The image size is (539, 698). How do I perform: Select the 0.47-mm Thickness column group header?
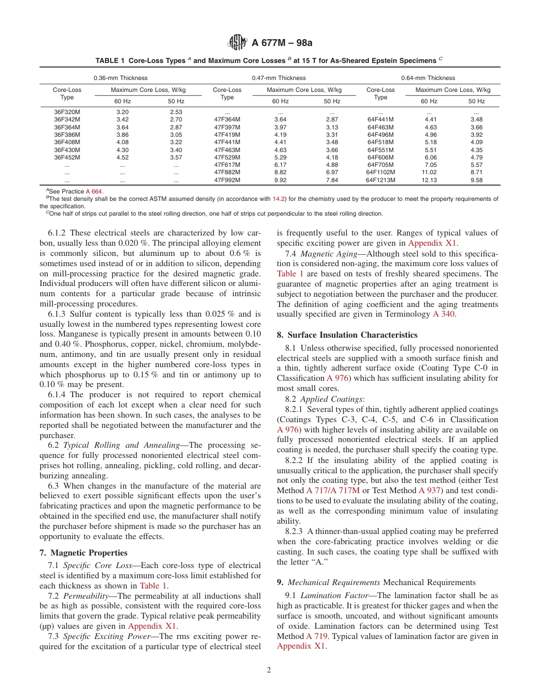click(x=279, y=78)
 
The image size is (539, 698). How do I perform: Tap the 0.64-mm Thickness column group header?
click(x=428, y=78)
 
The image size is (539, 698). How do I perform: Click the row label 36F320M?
click(x=67, y=112)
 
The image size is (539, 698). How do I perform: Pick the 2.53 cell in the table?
click(x=176, y=112)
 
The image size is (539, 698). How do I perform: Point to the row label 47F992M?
click(x=227, y=180)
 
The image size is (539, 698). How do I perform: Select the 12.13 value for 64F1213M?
click(x=429, y=180)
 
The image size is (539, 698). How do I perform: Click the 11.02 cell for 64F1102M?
click(x=429, y=172)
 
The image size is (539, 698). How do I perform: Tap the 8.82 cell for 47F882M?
click(x=280, y=172)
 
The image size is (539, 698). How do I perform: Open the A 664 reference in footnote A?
click(x=94, y=192)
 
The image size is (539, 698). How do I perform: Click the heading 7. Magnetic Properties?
click(x=83, y=553)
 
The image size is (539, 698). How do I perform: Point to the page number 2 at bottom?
click(x=269, y=670)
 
